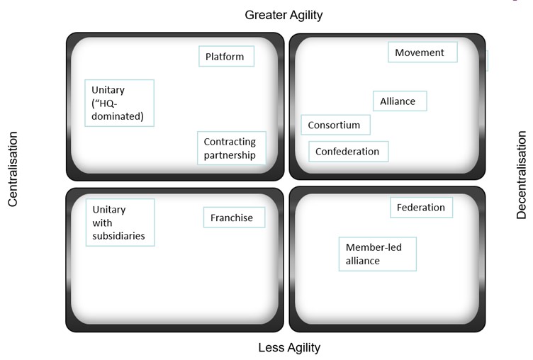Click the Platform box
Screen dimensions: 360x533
pos(226,57)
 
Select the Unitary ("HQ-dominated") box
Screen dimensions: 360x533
pos(119,103)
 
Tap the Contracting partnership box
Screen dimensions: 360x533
pos(230,148)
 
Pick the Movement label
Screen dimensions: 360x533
pos(422,52)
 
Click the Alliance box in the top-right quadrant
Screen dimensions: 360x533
pos(399,101)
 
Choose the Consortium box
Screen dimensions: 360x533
pos(335,125)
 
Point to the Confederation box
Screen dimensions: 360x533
pos(348,151)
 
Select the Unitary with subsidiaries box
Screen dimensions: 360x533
pos(120,223)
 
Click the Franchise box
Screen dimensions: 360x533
pos(233,218)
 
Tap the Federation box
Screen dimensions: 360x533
pos(421,208)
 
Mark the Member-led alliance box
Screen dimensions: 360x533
pos(377,254)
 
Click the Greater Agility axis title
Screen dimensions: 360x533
pos(284,15)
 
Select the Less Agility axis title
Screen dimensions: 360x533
pos(289,347)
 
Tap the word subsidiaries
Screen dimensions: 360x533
pos(118,236)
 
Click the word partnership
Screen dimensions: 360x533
pos(230,155)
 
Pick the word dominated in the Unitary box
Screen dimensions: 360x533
pos(118,116)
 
